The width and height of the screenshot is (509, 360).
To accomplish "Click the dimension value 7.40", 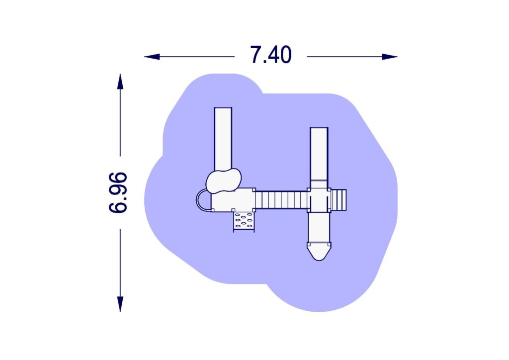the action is tap(271, 55).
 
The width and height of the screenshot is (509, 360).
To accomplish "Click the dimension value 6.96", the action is tap(118, 192).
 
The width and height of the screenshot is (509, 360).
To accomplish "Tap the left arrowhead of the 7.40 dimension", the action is tap(152, 57).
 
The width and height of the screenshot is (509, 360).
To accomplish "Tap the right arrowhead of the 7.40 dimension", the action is tap(390, 57).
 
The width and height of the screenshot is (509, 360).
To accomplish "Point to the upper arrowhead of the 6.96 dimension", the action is tap(120, 82).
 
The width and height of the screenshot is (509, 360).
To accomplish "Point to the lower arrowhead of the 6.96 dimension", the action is tap(120, 304).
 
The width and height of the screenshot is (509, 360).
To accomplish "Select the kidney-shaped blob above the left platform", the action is tap(224, 180).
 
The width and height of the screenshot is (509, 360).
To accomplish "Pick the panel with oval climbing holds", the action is tap(244, 222).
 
